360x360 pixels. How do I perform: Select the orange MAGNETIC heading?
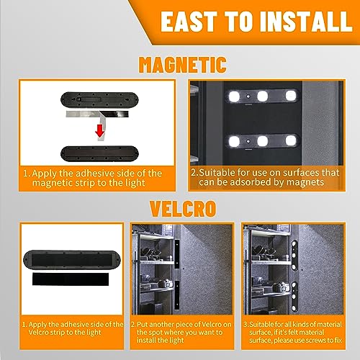pyautogui.click(x=179, y=66)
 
